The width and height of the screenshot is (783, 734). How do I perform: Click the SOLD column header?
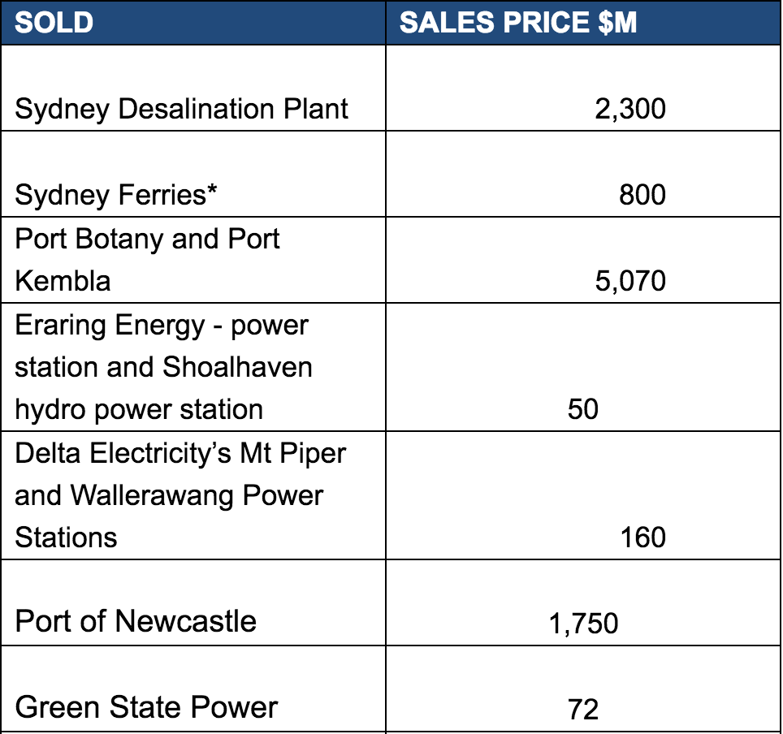coord(54,22)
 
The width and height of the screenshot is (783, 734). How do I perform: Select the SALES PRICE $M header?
coord(518,22)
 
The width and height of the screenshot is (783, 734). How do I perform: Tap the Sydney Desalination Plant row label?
coord(182,109)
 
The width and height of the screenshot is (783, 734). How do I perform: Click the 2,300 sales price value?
coord(629,109)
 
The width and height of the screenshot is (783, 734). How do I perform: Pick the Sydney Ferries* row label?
coord(118,195)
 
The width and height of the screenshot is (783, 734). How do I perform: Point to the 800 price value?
coord(642,195)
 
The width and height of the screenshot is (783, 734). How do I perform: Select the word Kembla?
coord(63,281)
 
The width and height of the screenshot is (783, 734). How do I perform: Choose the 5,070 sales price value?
coord(629,281)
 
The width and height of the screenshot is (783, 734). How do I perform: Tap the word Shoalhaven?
coord(237,367)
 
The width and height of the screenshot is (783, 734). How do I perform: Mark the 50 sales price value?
coord(583,409)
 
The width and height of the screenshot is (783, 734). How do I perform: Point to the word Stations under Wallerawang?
coord(66,537)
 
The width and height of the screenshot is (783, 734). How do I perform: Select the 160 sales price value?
coord(642,537)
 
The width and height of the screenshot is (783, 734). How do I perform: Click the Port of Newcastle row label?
coord(136,621)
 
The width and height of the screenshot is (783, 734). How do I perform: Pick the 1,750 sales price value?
coord(583,624)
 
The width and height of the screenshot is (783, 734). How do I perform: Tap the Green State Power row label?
coord(146,707)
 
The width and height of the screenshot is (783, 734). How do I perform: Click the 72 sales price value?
coord(583,710)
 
